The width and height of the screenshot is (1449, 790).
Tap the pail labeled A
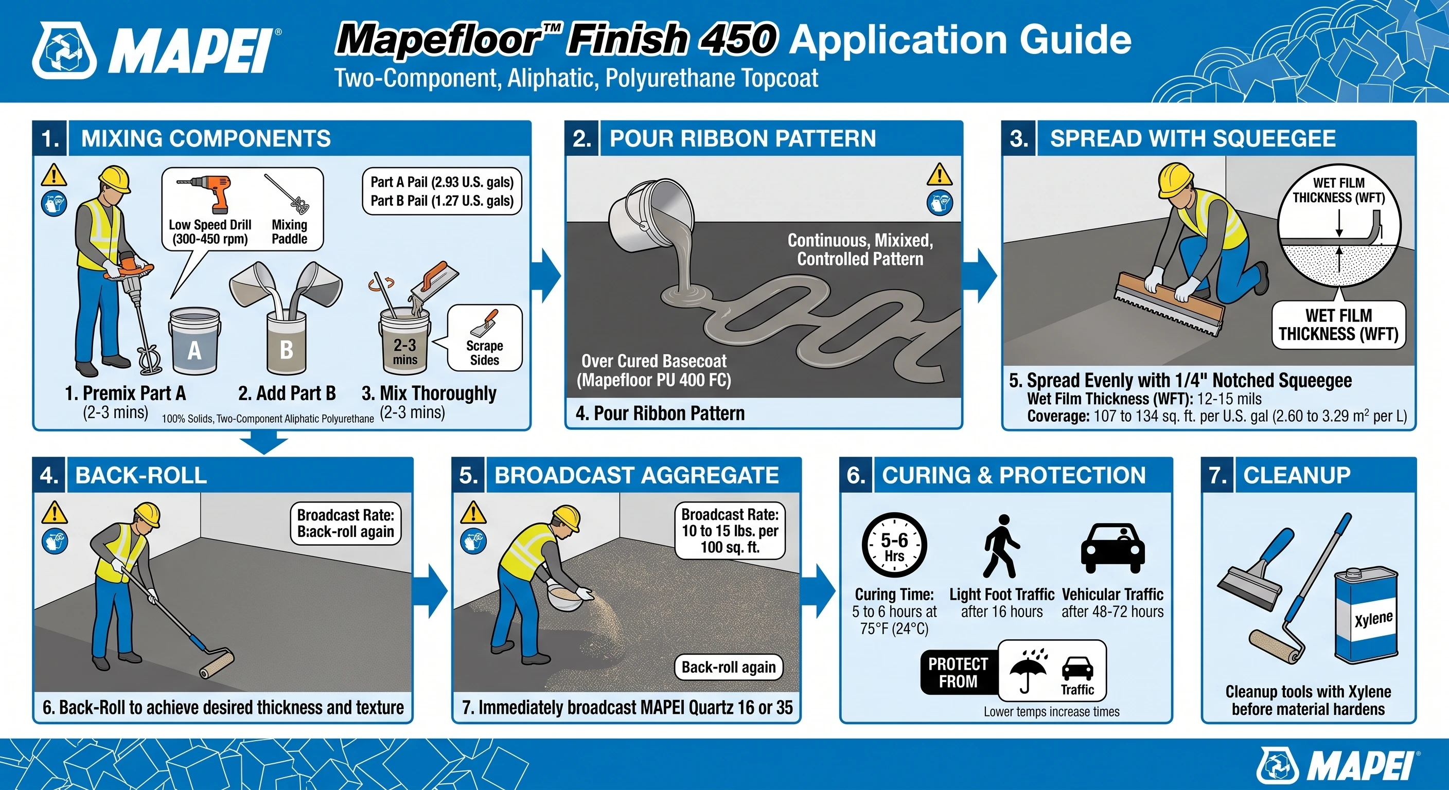point(194,341)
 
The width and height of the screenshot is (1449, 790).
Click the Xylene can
point(1366,615)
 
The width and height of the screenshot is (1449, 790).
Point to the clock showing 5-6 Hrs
point(894,545)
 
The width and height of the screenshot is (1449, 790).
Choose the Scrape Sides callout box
point(484,338)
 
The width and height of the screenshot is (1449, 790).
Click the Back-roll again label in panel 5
point(729,667)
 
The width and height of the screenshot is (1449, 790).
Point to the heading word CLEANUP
point(1297,475)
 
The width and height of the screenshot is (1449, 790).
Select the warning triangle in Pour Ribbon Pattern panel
point(940,174)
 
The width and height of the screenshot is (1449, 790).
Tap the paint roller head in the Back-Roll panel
point(217,664)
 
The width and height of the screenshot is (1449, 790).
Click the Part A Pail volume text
point(441,182)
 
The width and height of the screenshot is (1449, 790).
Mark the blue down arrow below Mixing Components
point(264,442)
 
